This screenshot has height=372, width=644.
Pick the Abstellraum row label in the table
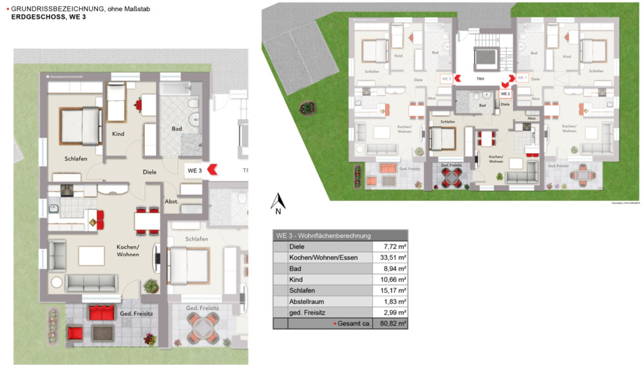[x=307, y=301]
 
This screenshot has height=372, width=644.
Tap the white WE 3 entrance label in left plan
[x=195, y=171]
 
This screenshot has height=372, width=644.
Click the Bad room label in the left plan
[x=176, y=129]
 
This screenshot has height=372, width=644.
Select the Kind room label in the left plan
[x=117, y=134]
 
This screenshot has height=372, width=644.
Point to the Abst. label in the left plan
[x=171, y=201]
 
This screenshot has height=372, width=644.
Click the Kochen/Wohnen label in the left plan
[x=128, y=251]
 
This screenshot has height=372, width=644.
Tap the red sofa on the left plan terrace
[x=101, y=313]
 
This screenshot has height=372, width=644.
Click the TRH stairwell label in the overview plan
[x=480, y=79]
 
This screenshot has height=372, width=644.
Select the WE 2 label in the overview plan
[x=505, y=93]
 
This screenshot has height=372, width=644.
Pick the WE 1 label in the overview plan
[x=522, y=78]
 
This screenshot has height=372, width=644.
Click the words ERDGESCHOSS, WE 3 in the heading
[x=48, y=17]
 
